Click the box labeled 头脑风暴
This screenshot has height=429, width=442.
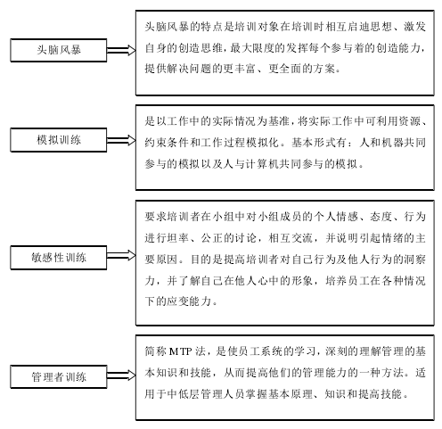coord(59,50)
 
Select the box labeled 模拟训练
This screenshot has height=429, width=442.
coord(59,140)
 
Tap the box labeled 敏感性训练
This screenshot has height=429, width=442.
coord(59,258)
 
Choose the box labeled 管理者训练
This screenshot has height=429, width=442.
coord(59,377)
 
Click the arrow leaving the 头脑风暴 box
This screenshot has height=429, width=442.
coord(121,50)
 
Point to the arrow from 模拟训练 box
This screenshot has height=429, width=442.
coord(121,140)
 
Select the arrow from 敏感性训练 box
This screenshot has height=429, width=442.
coord(121,255)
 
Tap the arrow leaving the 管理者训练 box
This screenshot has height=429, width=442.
coord(121,375)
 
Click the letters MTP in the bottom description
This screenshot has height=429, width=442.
coord(180,351)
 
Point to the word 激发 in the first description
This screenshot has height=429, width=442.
coord(414,27)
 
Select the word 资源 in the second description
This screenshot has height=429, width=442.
coord(410,121)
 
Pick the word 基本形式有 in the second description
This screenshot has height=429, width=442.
coord(319,143)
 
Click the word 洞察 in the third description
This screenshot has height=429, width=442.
coord(414,260)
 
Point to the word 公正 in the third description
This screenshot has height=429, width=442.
coord(212,238)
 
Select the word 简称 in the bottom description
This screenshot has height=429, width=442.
coord(156,351)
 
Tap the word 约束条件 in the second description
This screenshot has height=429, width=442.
coord(167,143)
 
